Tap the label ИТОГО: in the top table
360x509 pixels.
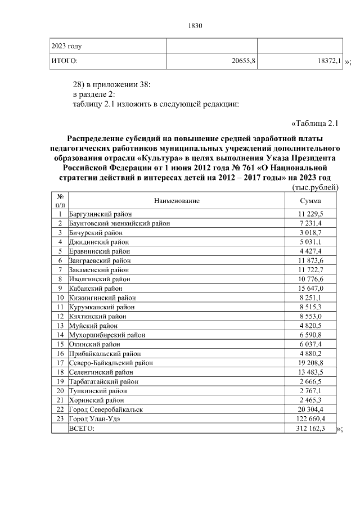pos(65,60)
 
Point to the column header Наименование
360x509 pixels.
pos(175,201)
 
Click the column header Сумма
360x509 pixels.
pos(310,201)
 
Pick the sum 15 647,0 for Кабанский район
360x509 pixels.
pos(310,289)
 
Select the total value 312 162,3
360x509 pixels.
pos(310,428)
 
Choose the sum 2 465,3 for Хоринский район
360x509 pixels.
pos(310,400)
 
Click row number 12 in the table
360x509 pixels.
pos(59,317)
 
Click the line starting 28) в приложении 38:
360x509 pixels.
pos(112,84)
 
